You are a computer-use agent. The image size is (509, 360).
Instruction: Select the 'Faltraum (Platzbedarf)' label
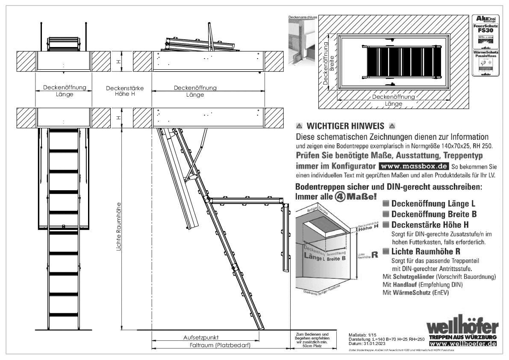[220, 345]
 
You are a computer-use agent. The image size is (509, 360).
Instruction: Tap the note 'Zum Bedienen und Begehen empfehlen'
[312, 336]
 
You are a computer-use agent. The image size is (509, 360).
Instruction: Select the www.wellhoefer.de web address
[463, 344]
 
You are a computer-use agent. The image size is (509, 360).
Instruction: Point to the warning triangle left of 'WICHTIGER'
[299, 127]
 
